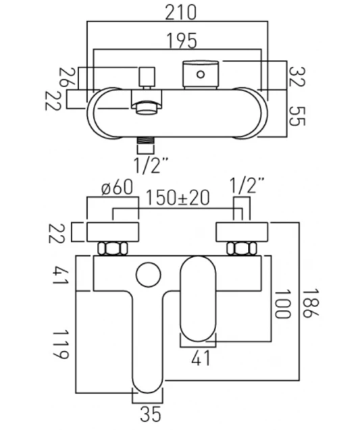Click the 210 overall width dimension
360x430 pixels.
point(180,12)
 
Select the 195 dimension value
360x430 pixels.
point(182,41)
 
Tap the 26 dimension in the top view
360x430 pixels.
point(63,77)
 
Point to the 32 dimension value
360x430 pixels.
point(297,76)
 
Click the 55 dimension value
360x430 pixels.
point(297,116)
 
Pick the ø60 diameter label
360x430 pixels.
point(117,187)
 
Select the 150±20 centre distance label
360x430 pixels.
point(178,198)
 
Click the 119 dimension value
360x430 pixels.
point(60,345)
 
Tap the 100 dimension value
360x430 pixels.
point(282,304)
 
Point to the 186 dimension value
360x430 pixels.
point(310,303)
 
